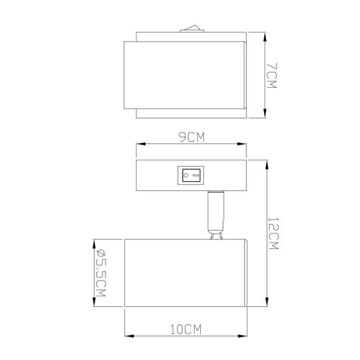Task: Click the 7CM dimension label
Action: (x=272, y=75)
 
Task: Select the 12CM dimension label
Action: (x=273, y=234)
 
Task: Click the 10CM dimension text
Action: (x=186, y=329)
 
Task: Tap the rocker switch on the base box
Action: (x=191, y=175)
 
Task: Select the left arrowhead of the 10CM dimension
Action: (x=126, y=335)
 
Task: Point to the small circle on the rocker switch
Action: (x=196, y=175)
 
